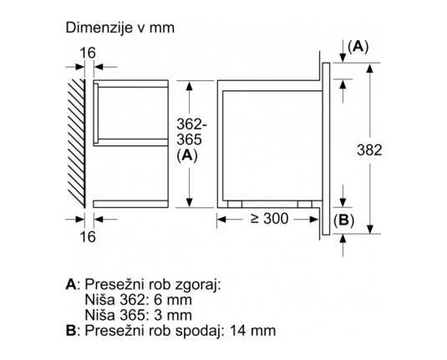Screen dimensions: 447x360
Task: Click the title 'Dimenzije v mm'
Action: click(x=119, y=28)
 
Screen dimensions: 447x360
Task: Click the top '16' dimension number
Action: click(x=88, y=53)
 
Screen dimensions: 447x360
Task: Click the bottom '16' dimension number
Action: click(x=88, y=236)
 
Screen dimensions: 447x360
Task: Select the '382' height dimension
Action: click(x=369, y=150)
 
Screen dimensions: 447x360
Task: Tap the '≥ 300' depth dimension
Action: click(x=269, y=219)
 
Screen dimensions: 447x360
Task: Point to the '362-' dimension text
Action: click(x=191, y=124)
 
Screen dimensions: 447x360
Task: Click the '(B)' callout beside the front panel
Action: click(x=343, y=220)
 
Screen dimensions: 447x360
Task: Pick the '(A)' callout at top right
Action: click(x=358, y=47)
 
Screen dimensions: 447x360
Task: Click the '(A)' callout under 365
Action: click(x=187, y=155)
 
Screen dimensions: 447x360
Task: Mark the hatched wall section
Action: click(x=76, y=144)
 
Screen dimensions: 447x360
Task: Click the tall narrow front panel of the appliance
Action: click(x=326, y=149)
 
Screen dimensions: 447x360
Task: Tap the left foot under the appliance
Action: click(x=235, y=204)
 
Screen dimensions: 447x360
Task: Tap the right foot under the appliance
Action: click(x=305, y=204)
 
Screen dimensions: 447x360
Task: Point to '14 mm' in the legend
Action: click(x=253, y=331)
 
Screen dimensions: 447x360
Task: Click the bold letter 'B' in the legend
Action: click(x=71, y=331)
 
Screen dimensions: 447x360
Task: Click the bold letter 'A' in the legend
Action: click(x=71, y=285)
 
